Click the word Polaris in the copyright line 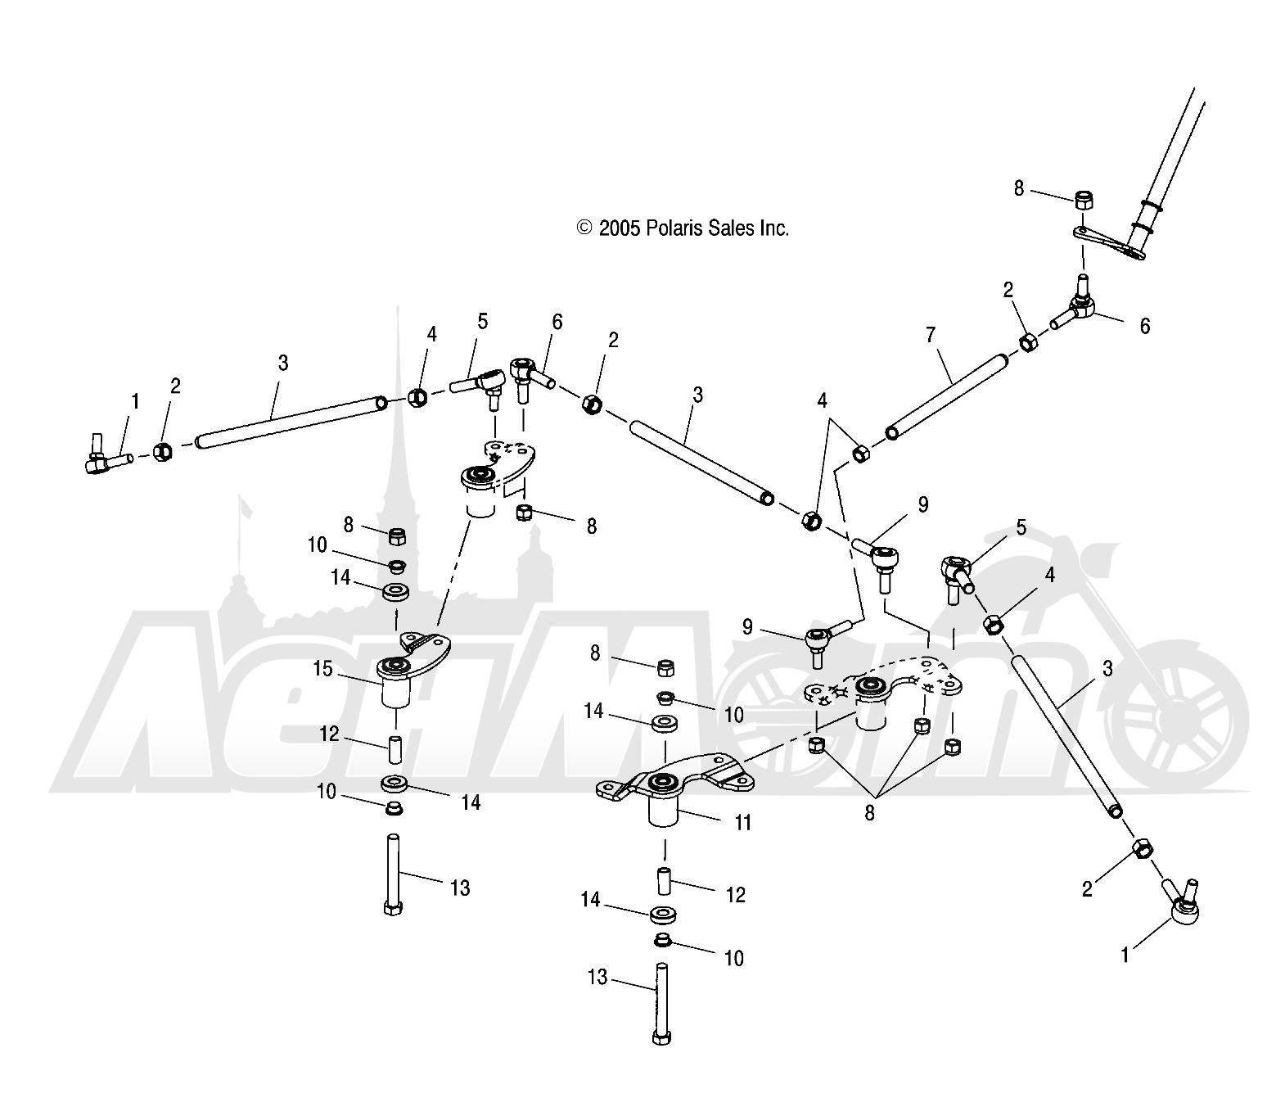(x=674, y=228)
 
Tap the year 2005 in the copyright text (x=620, y=228)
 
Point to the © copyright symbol (x=584, y=228)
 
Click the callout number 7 (x=930, y=335)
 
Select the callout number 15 (x=322, y=669)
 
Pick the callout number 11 (x=743, y=823)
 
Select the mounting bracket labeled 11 (x=675, y=788)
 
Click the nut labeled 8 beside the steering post (x=1084, y=201)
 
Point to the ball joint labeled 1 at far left (x=107, y=455)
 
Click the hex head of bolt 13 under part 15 (x=393, y=908)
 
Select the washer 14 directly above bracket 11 (x=665, y=724)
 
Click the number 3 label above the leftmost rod (x=283, y=363)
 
